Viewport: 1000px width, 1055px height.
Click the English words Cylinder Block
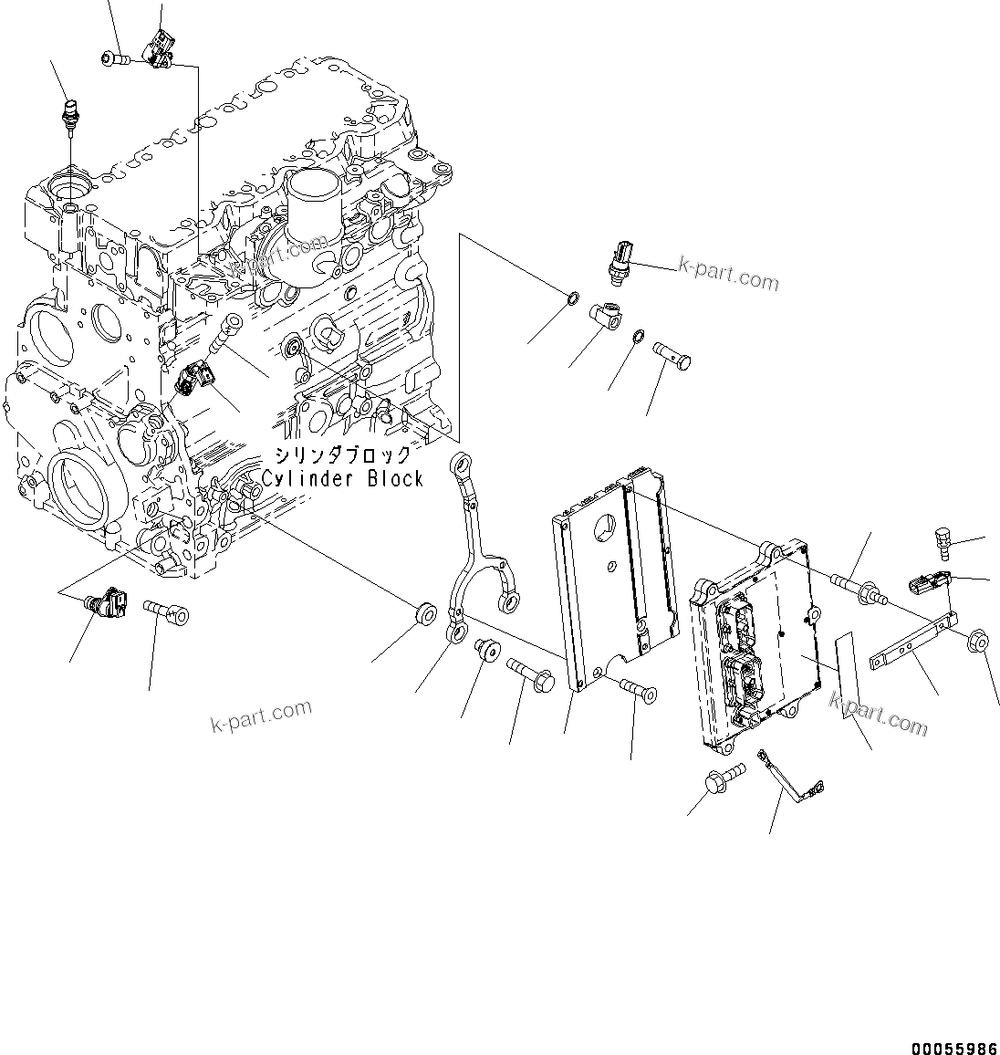(x=342, y=478)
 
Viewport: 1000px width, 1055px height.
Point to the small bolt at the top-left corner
(x=113, y=59)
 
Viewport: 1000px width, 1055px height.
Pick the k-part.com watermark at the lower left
(x=260, y=715)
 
